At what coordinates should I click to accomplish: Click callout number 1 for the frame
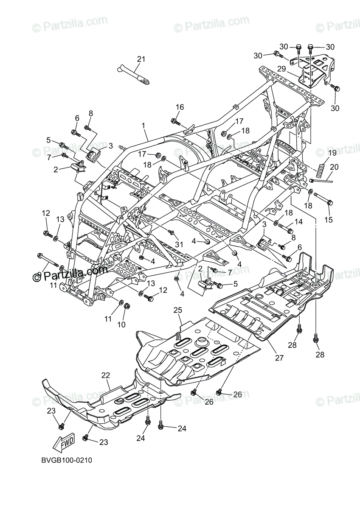point(143,126)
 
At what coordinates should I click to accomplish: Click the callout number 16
point(180,107)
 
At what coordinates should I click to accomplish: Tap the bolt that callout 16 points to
point(174,121)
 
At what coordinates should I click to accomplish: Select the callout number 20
point(334,167)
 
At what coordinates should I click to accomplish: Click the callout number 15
point(329,220)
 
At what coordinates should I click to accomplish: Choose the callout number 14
point(298,221)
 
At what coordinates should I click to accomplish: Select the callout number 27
point(278,357)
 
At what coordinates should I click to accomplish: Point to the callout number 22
point(105,375)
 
